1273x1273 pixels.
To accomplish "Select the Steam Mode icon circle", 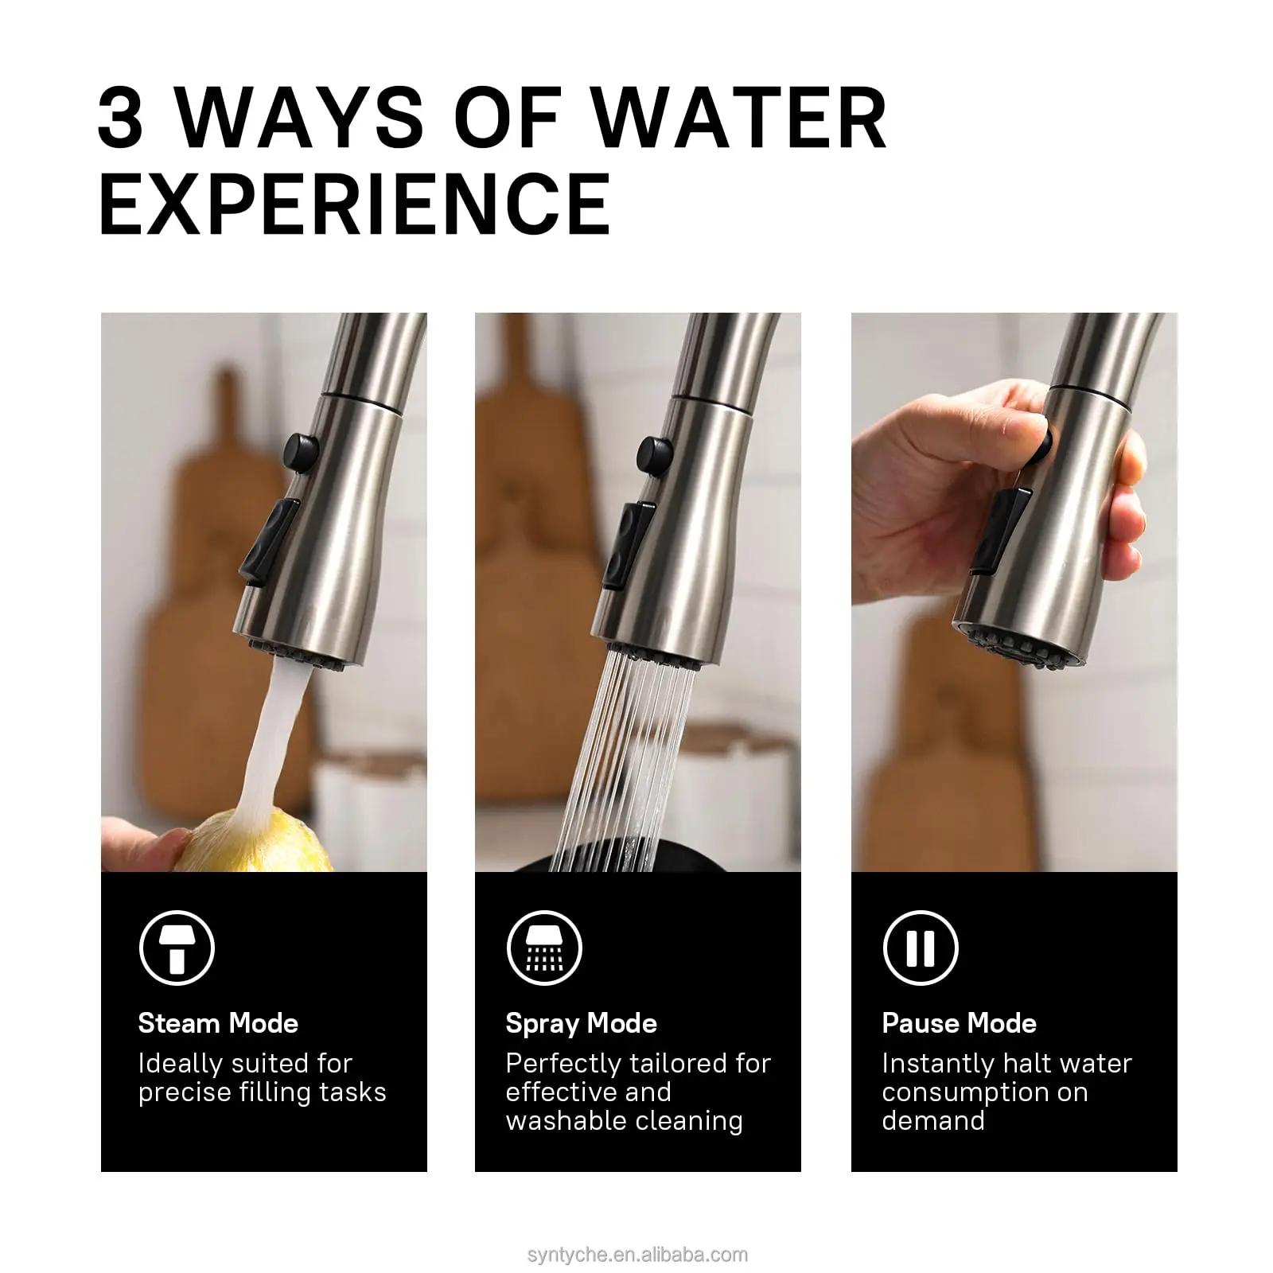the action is pyautogui.click(x=177, y=948).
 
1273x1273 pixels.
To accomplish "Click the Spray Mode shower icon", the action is pyautogui.click(x=544, y=948).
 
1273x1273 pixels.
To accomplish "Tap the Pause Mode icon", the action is pyautogui.click(x=921, y=948).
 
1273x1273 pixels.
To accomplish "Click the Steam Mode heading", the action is pyautogui.click(x=218, y=1023).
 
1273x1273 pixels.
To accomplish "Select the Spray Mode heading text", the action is pyautogui.click(x=582, y=1024).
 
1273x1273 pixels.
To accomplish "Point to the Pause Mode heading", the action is pyautogui.click(x=960, y=1023).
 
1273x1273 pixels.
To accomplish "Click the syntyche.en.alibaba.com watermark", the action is pyautogui.click(x=637, y=1255).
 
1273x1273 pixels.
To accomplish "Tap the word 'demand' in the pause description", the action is pyautogui.click(x=933, y=1120).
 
